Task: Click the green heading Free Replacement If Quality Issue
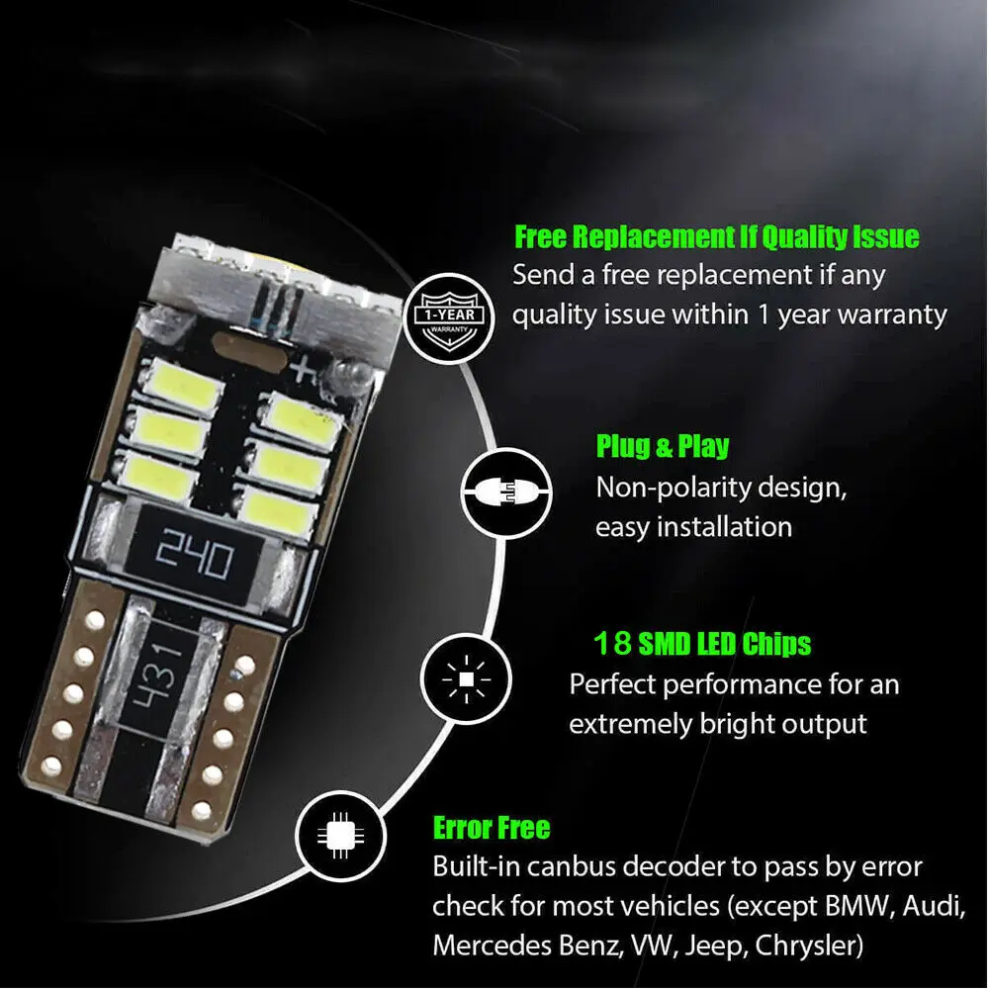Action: [x=716, y=237]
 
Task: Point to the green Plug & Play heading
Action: [x=662, y=446]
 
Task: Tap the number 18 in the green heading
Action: [x=612, y=645]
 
